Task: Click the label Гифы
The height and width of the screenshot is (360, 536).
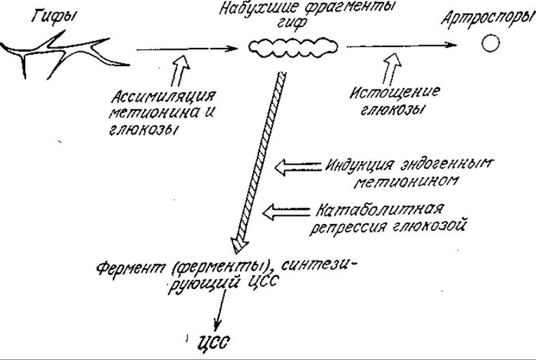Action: [x=53, y=16]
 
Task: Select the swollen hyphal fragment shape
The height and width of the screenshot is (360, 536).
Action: [x=293, y=46]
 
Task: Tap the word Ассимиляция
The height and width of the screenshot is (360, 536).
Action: [x=164, y=97]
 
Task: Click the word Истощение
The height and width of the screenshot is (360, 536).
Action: [x=394, y=92]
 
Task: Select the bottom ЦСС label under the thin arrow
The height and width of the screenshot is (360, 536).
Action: [x=212, y=342]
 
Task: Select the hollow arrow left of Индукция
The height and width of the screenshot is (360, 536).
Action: [x=298, y=167]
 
